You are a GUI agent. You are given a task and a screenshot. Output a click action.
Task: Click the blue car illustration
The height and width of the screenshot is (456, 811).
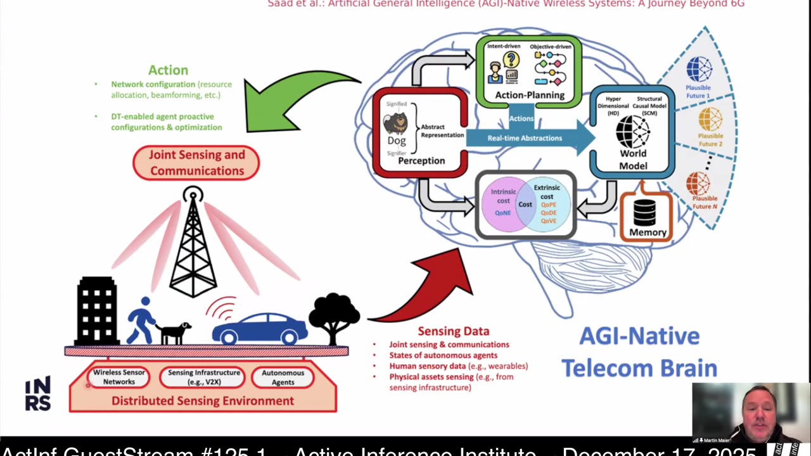pos(260,328)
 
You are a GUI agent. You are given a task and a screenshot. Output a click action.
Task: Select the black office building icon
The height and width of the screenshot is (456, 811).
pos(97,312)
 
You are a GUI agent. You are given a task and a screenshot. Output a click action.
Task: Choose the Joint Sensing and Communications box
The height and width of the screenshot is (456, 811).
pos(196,163)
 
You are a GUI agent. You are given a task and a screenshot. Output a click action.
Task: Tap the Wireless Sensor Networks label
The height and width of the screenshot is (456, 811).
pos(119,377)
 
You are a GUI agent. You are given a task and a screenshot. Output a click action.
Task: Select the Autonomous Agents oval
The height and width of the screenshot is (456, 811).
pos(283,377)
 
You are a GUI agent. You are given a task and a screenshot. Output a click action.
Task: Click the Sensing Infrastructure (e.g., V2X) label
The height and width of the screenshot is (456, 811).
pos(203,377)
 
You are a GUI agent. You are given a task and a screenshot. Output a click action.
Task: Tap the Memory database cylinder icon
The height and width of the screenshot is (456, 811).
pos(644,212)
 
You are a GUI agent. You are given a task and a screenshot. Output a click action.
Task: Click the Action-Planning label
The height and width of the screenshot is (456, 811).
pos(529,95)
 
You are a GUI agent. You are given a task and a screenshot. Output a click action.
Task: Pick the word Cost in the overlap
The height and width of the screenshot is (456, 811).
pos(525,204)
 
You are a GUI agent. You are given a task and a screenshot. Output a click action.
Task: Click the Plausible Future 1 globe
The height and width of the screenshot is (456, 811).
pos(699,69)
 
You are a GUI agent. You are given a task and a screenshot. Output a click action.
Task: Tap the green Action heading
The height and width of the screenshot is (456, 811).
pos(168,70)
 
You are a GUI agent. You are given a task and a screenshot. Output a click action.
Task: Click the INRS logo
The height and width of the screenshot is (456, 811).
pos(37,395)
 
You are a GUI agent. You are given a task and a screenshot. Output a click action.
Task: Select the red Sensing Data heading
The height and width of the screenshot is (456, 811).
pos(453,331)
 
